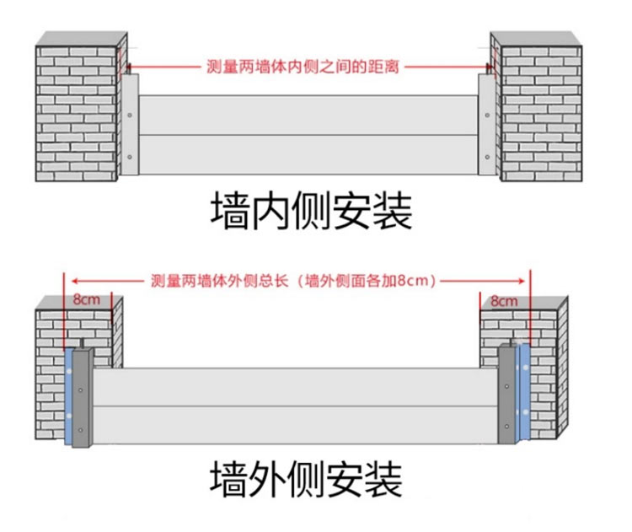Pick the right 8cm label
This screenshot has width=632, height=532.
coord(504,300)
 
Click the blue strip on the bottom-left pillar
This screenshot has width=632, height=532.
coord(67,396)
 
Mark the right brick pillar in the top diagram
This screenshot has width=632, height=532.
coord(538,110)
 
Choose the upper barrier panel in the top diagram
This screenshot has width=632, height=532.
coord(308,115)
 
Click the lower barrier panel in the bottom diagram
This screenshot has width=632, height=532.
coord(295,425)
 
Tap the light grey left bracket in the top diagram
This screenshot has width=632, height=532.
coord(129,126)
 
